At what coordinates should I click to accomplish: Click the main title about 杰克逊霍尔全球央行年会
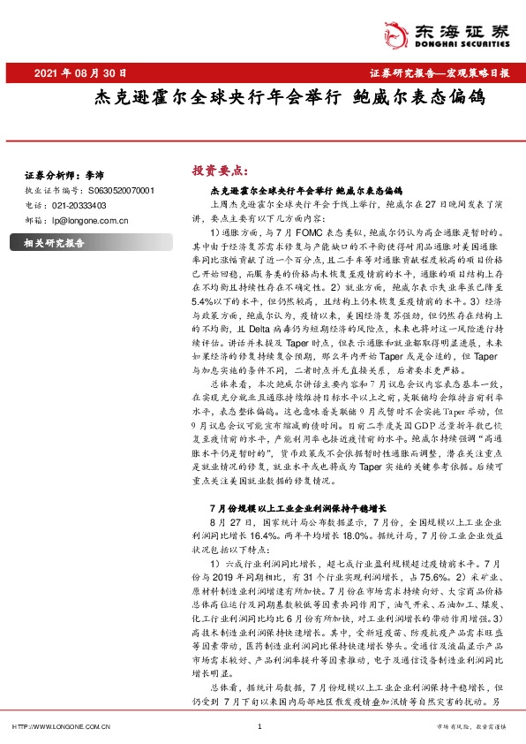[x=289, y=98]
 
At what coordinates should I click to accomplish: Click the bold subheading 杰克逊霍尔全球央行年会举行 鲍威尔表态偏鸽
[x=306, y=190]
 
